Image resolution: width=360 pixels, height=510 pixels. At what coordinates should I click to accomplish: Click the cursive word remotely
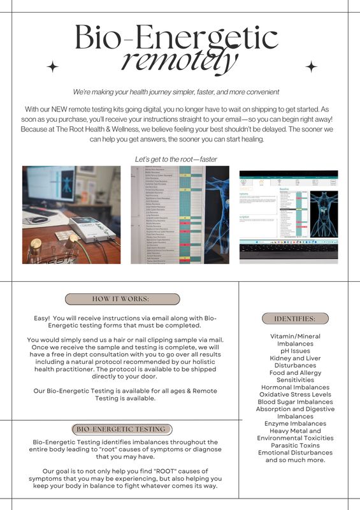click(x=179, y=62)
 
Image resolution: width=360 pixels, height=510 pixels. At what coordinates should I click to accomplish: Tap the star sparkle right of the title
click(x=312, y=67)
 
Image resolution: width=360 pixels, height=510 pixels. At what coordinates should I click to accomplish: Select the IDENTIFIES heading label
click(x=294, y=319)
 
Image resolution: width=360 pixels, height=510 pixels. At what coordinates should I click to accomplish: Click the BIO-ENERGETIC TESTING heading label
click(x=121, y=429)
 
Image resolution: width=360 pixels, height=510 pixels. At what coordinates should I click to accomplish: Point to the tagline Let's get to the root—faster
click(x=179, y=158)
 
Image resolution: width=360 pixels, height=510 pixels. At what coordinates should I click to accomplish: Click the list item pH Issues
click(x=294, y=351)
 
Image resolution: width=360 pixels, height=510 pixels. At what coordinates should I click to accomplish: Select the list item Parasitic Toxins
click(x=294, y=446)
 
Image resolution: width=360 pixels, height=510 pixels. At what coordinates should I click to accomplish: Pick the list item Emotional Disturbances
click(x=294, y=453)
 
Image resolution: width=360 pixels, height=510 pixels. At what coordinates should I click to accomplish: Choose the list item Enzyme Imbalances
click(x=294, y=423)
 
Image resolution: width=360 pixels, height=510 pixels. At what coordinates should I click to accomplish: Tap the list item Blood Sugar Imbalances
click(x=294, y=402)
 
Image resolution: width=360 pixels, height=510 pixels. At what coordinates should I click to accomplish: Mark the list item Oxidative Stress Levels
click(x=294, y=395)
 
